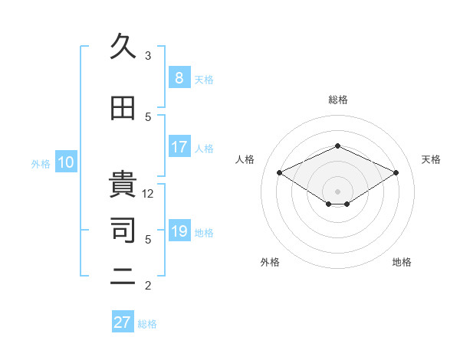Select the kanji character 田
point(123,109)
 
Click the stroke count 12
point(148,194)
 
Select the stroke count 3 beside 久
point(148,56)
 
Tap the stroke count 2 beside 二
point(148,286)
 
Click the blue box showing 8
point(179,78)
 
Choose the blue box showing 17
point(179,147)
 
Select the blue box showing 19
point(179,231)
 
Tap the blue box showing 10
point(66,162)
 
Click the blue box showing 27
point(123,322)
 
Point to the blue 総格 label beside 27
point(148,324)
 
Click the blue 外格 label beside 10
point(41,163)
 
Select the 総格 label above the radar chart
point(337,100)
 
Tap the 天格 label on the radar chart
point(432,159)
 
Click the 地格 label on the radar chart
point(402,262)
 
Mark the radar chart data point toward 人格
point(279,172)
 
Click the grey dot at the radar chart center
point(337,190)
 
